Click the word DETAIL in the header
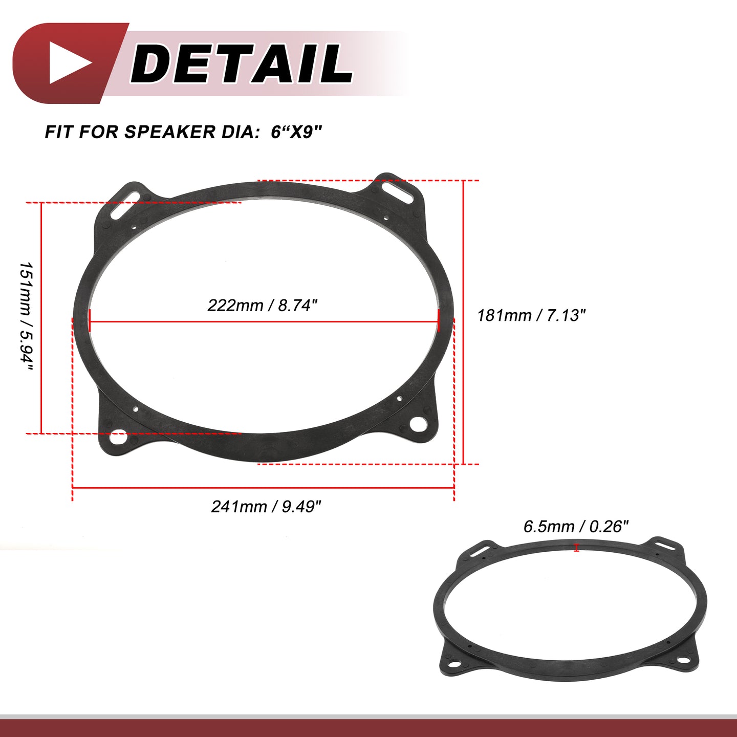(x=242, y=63)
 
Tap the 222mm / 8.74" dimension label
(x=263, y=306)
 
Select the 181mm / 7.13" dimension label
(x=531, y=316)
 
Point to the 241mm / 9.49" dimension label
(x=266, y=507)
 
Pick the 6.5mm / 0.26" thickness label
(x=576, y=527)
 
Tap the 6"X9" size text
(x=297, y=132)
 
